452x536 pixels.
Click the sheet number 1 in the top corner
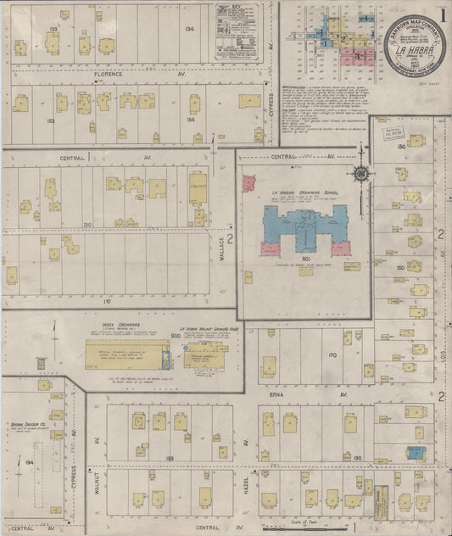tap(443, 14)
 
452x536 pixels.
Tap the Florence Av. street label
tap(109, 75)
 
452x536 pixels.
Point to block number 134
tap(188, 30)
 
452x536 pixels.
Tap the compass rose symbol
tap(362, 173)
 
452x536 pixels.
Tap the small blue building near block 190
tap(415, 454)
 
